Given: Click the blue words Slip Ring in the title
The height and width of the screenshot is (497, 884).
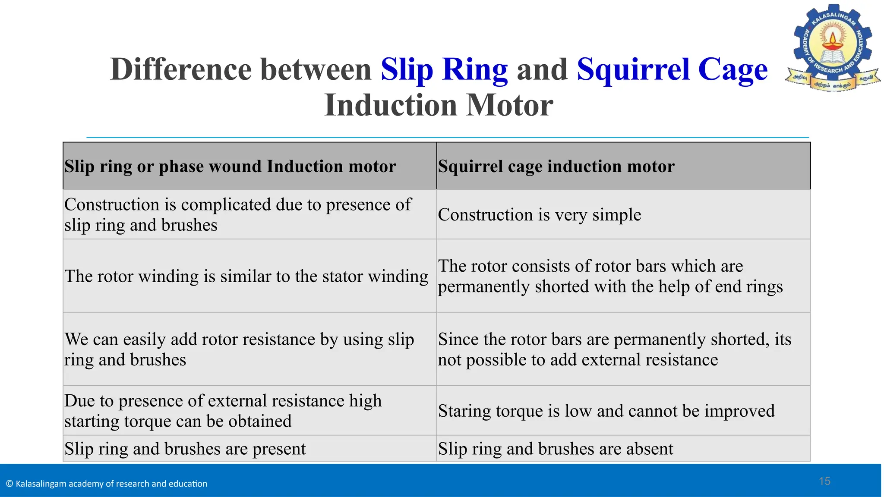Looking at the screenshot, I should pos(444,69).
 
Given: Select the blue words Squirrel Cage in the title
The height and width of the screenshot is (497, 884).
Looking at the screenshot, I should pos(672,69).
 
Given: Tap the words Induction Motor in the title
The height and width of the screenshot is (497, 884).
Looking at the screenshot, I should pos(438,105).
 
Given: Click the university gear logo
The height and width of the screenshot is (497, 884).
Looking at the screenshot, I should pos(833,47).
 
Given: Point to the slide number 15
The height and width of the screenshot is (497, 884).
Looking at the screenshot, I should pos(824,481).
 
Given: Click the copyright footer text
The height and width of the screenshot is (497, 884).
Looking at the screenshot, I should pos(107,484).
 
